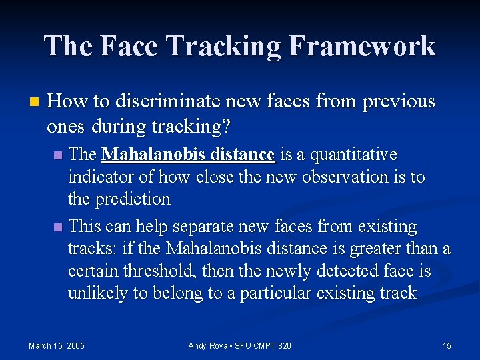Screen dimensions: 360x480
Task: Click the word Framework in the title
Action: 363,46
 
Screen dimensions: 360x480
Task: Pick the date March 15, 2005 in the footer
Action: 56,345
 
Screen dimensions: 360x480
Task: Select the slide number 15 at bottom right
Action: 447,345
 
